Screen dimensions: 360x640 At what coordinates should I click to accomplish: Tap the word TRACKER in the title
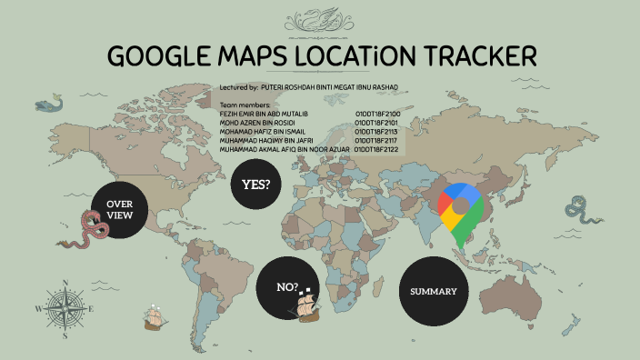point(477,55)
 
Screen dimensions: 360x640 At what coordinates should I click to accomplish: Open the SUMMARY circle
point(439,291)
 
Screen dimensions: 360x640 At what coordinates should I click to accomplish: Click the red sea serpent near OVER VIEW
point(93,231)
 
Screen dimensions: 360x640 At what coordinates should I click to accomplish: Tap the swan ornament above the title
point(320,19)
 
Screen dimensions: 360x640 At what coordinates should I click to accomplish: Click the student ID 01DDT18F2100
point(378,114)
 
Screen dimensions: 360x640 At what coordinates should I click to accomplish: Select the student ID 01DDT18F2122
point(378,148)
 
